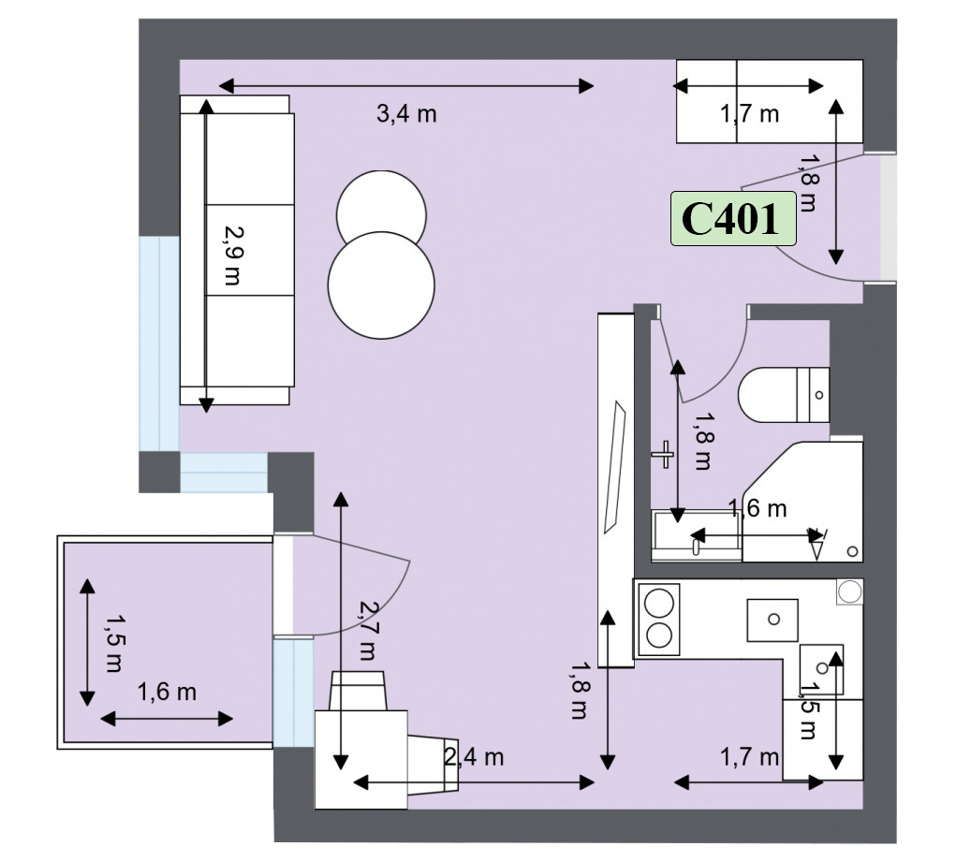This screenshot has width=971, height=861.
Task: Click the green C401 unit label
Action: [x=733, y=218]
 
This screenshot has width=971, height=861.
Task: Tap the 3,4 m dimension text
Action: [x=406, y=114]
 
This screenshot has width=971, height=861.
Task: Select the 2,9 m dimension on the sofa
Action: [x=233, y=255]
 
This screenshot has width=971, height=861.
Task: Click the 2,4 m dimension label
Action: [x=474, y=756]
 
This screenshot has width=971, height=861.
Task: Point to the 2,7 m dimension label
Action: [x=367, y=631]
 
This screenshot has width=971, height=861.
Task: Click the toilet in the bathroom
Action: [x=784, y=395]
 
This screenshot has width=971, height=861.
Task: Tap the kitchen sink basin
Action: [x=772, y=620]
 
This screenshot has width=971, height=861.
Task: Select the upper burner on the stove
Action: [x=659, y=603]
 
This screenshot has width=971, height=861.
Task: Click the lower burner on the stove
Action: [x=659, y=635]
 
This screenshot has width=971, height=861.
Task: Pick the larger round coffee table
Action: [x=381, y=285]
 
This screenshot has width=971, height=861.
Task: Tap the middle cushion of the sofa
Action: [x=250, y=250]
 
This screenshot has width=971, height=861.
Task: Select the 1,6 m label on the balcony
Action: [x=167, y=692]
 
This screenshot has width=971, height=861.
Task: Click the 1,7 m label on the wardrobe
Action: [x=749, y=114]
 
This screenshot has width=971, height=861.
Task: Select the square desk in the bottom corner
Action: [x=361, y=760]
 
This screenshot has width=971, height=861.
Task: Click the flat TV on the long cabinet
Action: [x=615, y=467]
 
